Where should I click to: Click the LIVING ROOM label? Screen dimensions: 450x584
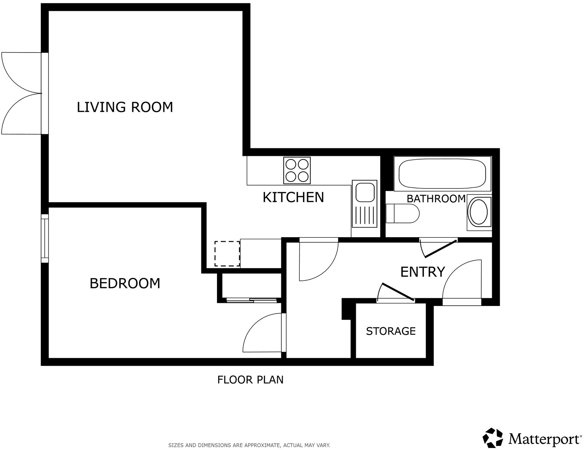click(x=125, y=107)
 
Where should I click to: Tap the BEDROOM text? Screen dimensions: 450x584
click(x=125, y=283)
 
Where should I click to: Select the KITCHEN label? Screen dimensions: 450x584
click(x=293, y=197)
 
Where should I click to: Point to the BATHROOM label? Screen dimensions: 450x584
click(x=436, y=199)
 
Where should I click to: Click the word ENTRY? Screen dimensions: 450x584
click(x=422, y=272)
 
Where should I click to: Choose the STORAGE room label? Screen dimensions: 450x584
click(x=391, y=331)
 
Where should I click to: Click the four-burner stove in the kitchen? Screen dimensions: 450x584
click(x=297, y=170)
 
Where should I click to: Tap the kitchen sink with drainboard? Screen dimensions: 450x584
click(x=364, y=204)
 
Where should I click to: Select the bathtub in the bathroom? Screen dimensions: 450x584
click(x=442, y=173)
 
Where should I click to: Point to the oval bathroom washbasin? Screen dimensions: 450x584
click(x=479, y=212)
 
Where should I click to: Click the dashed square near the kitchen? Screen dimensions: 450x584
click(x=227, y=253)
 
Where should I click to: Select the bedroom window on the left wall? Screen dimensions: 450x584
click(x=45, y=238)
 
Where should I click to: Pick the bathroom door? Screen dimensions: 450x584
click(x=439, y=247)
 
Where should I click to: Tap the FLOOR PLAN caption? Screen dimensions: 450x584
click(x=250, y=380)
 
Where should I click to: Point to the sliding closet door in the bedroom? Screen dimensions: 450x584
click(x=251, y=300)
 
